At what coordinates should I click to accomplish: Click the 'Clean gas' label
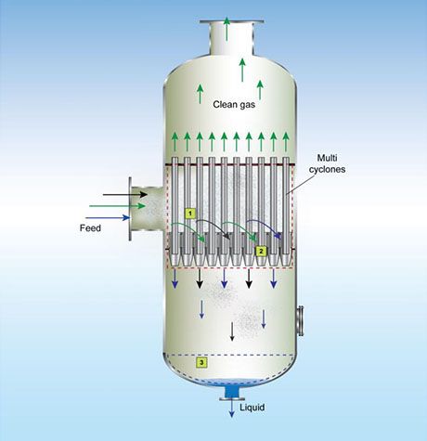coord(234,105)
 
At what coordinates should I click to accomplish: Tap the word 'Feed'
coord(90,228)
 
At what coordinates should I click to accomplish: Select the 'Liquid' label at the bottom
coord(252,408)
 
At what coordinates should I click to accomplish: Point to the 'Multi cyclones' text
coord(327,163)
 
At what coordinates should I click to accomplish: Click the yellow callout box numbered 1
coord(190,214)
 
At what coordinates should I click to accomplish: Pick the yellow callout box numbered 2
coord(261,252)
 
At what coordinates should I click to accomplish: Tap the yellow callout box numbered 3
coord(201,362)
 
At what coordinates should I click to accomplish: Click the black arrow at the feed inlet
coord(125,194)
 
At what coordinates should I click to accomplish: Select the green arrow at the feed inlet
coord(117,206)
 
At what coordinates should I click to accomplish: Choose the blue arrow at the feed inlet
coord(108,217)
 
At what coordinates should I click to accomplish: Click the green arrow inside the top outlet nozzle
coord(226,29)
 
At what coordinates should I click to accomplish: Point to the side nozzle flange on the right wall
coord(300,320)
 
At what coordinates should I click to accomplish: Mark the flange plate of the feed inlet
coord(130,209)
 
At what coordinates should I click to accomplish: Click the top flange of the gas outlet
coord(232,22)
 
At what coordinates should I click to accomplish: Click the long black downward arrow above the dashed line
coord(232,331)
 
